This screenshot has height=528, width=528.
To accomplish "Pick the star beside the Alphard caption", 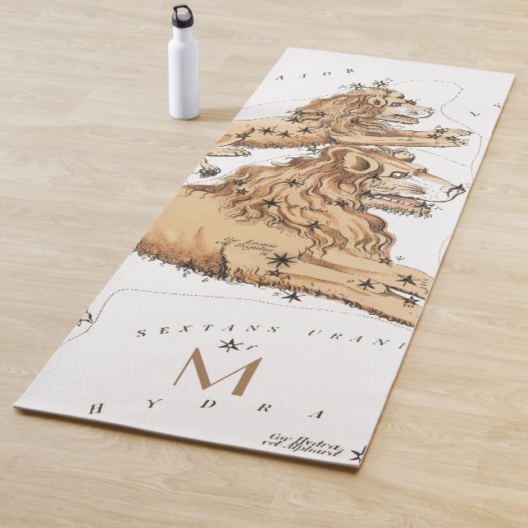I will (x=358, y=453).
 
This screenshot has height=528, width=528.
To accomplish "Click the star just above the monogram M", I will (x=230, y=345).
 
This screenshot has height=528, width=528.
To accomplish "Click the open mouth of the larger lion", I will (x=410, y=200).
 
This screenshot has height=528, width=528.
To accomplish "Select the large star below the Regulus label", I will (x=280, y=260).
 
